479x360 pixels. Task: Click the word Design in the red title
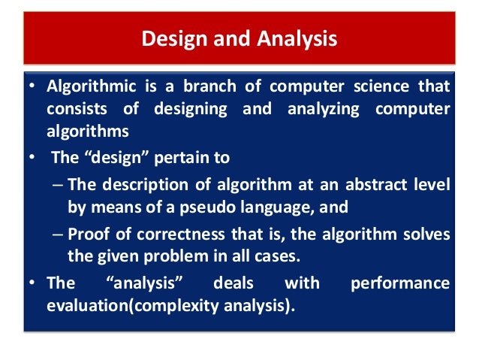(169, 38)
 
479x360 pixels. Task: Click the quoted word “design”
(104, 158)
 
